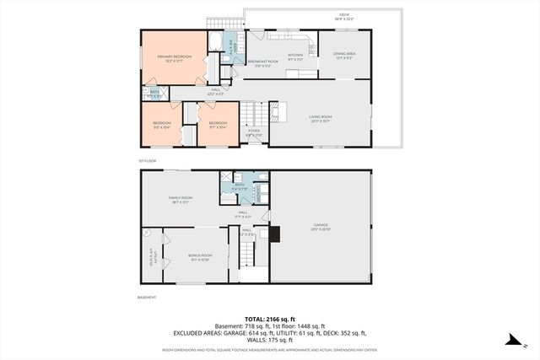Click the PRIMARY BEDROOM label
coord(174,57)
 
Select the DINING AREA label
coord(343,56)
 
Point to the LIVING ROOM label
coord(320,118)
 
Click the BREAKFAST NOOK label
coord(262,62)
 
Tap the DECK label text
coord(343,15)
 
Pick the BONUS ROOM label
coord(200,257)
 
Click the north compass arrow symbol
coord(511,340)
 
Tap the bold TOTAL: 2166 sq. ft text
coord(269,318)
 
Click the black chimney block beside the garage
coord(274,234)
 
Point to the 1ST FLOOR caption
coord(147,160)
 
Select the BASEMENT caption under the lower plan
coord(147,297)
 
